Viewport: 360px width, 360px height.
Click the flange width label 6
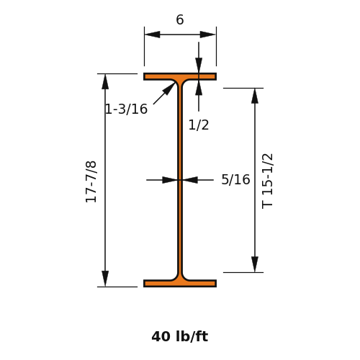point(180,19)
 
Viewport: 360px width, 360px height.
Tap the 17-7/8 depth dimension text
point(91,182)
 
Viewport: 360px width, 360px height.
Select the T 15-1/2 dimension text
point(267,181)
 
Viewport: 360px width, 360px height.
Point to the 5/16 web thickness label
point(235,179)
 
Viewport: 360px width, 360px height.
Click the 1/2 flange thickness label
point(199,125)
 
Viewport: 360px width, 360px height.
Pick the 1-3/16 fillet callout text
point(126,109)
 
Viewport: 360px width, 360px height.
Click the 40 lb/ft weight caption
point(180,336)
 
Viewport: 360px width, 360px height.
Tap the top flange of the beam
point(180,76)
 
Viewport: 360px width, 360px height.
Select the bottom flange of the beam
point(180,284)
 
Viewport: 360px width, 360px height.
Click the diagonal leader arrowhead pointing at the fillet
point(169,89)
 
